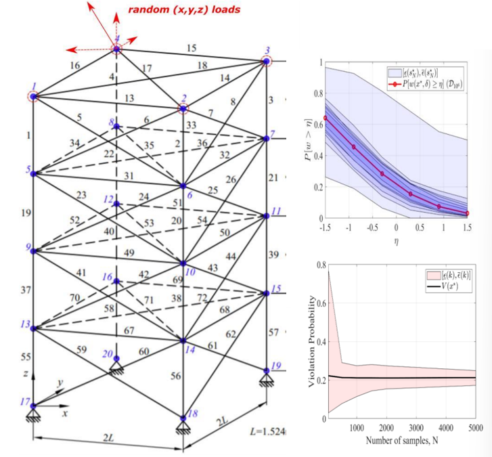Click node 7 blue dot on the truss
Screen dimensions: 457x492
click(x=267, y=138)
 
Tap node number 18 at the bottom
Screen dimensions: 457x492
click(x=193, y=414)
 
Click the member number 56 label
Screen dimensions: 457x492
click(x=175, y=376)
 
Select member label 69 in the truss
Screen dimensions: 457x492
click(x=177, y=279)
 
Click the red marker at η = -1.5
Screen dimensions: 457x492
click(x=326, y=118)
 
